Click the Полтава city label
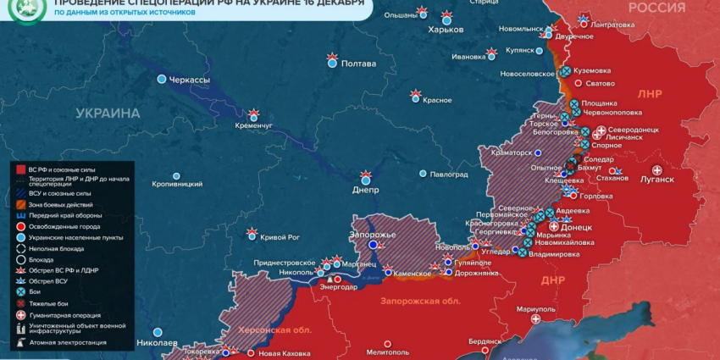point(358,64)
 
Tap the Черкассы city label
point(190,80)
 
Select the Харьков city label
point(446,30)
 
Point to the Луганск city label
point(657,180)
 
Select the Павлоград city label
point(449,174)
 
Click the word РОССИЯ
point(656,8)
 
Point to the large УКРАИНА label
point(108,113)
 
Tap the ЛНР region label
point(650,94)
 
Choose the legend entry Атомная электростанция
point(67,343)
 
